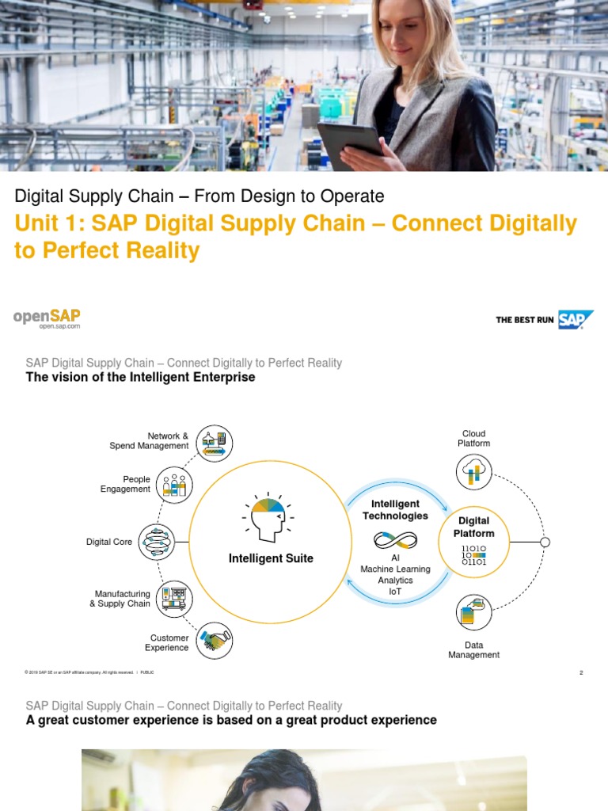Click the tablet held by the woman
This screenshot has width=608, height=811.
coord(350,141)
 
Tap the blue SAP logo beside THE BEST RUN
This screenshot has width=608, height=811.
coord(576,320)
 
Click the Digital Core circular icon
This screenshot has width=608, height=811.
coord(157,543)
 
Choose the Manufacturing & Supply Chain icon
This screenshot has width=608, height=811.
coord(173,599)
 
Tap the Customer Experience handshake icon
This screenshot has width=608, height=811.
coord(215,640)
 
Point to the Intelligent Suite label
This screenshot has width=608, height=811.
coord(271,558)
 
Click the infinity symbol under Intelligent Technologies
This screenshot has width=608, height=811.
coord(396,541)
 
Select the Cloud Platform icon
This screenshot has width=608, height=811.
coord(474,473)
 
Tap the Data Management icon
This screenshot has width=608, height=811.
coord(474,612)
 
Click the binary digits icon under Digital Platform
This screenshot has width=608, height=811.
coord(474,554)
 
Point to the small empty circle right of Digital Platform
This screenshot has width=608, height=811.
coord(545,543)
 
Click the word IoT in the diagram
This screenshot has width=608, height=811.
coord(396,592)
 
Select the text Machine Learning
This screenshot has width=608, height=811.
coord(396,569)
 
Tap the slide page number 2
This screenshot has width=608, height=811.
coord(581,673)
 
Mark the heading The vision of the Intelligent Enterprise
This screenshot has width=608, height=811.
coord(141,378)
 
